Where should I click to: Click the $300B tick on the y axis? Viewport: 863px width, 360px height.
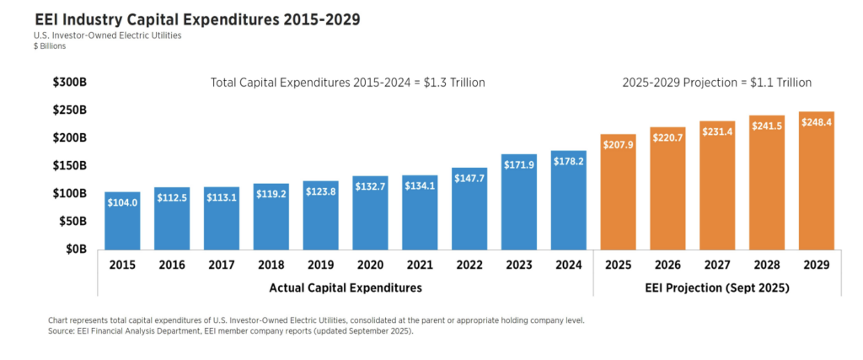[x=70, y=82]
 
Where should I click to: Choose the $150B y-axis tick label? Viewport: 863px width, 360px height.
[x=70, y=166]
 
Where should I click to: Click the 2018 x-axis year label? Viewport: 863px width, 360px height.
[x=271, y=265]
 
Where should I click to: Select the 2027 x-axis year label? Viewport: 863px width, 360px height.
[x=717, y=265]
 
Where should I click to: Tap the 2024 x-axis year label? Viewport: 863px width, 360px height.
[x=569, y=265]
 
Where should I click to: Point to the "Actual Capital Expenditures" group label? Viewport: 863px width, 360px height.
[x=346, y=287]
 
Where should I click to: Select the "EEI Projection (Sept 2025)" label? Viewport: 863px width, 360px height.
[x=717, y=287]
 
